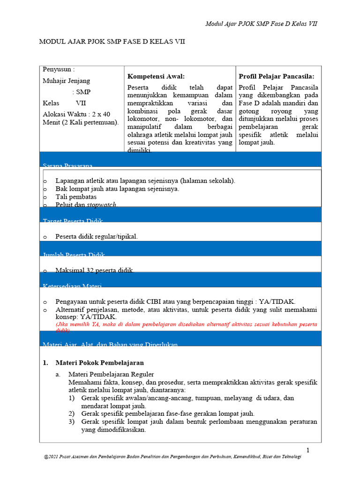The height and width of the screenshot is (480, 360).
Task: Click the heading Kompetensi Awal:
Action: (156, 76)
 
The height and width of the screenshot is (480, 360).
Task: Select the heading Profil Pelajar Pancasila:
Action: (277, 76)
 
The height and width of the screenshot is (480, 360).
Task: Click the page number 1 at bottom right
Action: (307, 450)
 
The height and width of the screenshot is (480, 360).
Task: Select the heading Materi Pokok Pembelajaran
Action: (99, 363)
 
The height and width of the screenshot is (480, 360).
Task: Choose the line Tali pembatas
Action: (76, 197)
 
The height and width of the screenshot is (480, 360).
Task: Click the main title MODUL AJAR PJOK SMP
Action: (112, 42)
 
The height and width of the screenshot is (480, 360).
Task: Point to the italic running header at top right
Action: (262, 24)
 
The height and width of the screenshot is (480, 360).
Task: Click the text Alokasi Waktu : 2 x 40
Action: (76, 114)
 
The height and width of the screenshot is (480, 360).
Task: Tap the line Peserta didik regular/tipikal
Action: (97, 237)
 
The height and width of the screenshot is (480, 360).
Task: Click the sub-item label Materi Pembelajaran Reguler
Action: (111, 374)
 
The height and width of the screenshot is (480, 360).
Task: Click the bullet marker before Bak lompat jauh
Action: (45, 189)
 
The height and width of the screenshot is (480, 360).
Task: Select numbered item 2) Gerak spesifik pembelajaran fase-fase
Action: (168, 414)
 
